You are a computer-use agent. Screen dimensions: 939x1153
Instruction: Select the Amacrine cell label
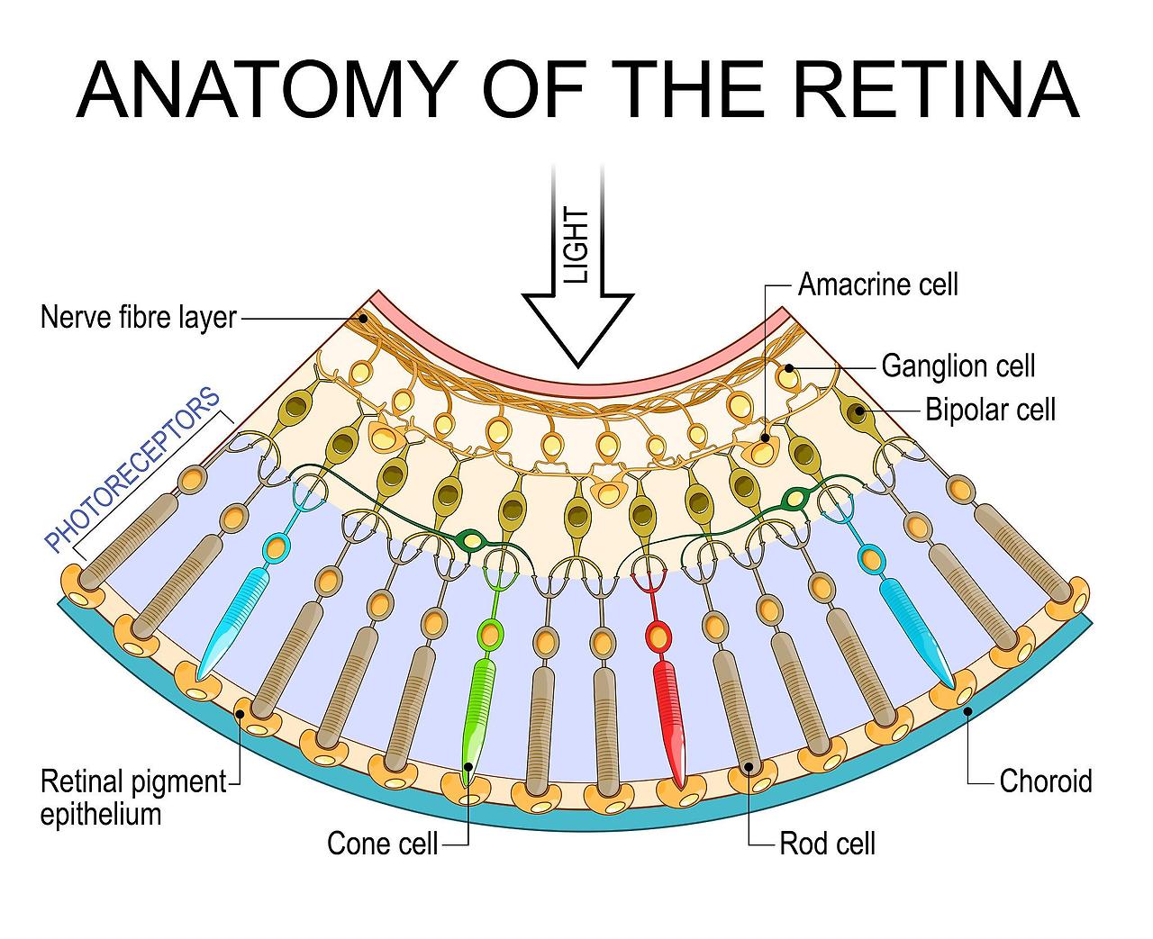(x=878, y=284)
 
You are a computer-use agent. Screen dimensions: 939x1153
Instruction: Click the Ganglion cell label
(x=958, y=366)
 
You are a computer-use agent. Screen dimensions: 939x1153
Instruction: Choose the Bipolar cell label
(x=990, y=410)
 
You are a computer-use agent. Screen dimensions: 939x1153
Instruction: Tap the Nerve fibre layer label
(x=138, y=318)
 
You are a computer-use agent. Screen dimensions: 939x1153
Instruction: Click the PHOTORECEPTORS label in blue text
(x=132, y=469)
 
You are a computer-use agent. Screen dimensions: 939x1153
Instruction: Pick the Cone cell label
(x=382, y=844)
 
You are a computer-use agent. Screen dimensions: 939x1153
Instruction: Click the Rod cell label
(x=827, y=844)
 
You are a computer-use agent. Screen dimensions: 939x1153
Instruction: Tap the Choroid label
(x=1045, y=781)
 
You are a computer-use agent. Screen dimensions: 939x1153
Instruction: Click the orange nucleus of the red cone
(x=659, y=637)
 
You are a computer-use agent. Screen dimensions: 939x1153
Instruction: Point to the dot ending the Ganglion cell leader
(x=788, y=367)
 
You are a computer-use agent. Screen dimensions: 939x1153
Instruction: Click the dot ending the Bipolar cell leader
(x=859, y=411)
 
